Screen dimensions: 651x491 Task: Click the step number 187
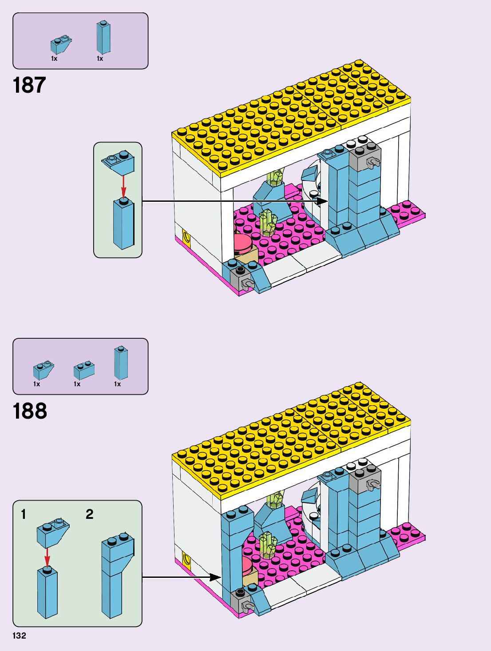pos(29,85)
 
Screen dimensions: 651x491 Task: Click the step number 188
pos(30,411)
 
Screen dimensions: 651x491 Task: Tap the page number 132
pos(19,635)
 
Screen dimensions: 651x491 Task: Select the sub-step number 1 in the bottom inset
pos(24,514)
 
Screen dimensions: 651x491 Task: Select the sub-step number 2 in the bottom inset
pos(89,514)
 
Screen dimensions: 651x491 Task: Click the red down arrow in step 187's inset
pos(123,186)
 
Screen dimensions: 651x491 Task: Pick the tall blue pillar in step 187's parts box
pos(103,38)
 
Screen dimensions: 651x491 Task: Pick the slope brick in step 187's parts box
pos(61,45)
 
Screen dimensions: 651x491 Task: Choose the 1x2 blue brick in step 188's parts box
pos(84,370)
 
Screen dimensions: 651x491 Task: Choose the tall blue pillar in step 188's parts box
pos(121,363)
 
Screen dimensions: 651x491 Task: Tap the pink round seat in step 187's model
pos(242,243)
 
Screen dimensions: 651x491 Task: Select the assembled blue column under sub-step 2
pos(116,576)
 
